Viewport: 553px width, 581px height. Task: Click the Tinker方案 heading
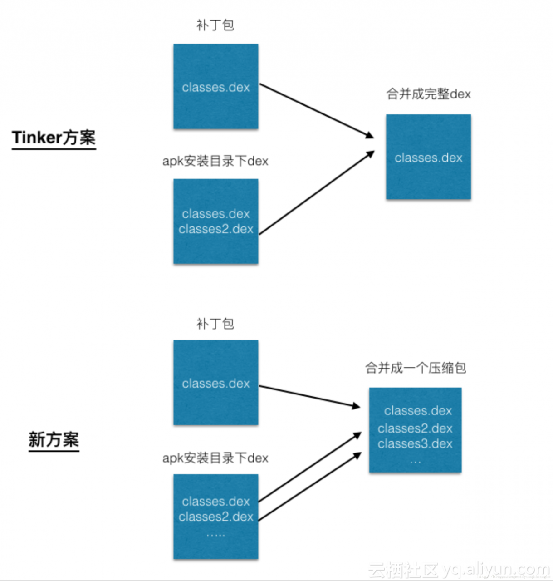pyautogui.click(x=54, y=137)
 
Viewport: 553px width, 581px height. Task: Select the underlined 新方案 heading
pyautogui.click(x=54, y=439)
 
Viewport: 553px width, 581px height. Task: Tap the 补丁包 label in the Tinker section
pyautogui.click(x=215, y=25)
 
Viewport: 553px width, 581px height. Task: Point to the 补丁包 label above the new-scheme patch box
pyautogui.click(x=215, y=324)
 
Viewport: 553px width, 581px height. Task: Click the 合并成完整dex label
pyautogui.click(x=428, y=94)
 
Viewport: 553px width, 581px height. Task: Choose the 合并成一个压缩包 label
pyautogui.click(x=416, y=368)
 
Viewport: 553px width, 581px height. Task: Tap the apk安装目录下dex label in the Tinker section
pyautogui.click(x=215, y=161)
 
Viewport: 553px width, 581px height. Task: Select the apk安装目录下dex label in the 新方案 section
pyautogui.click(x=215, y=458)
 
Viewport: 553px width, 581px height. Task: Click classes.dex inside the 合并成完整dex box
pyautogui.click(x=428, y=158)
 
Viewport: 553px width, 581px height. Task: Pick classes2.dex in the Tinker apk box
pyautogui.click(x=216, y=229)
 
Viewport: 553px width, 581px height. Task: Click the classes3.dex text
pyautogui.click(x=415, y=443)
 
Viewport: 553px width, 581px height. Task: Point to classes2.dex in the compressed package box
pyautogui.click(x=415, y=428)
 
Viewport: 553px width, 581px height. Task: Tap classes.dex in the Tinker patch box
pyautogui.click(x=216, y=87)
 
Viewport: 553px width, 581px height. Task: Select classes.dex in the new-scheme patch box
pyautogui.click(x=216, y=384)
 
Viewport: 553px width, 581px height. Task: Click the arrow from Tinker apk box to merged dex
pyautogui.click(x=316, y=193)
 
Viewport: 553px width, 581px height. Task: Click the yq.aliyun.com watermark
pyautogui.click(x=496, y=569)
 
